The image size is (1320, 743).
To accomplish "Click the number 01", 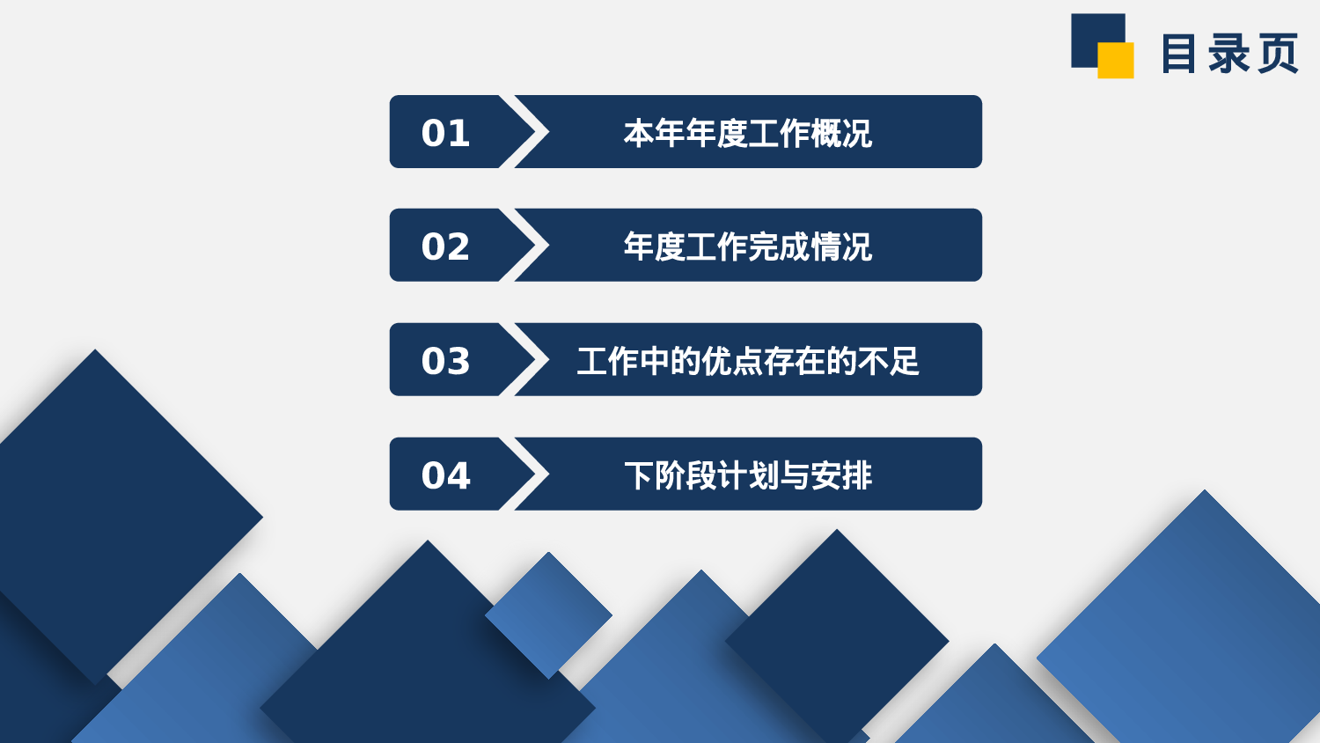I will click(x=445, y=133).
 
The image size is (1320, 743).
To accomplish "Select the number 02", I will click(x=445, y=246).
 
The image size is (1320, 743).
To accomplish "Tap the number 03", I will click(x=445, y=361).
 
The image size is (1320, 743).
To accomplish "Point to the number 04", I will click(x=445, y=475).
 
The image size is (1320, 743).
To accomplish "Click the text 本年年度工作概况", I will click(x=747, y=133).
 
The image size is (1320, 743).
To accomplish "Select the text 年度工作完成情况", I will click(x=747, y=246).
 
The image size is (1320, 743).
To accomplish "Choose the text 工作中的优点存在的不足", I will click(x=747, y=361).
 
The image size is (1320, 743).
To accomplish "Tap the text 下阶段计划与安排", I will click(x=747, y=475).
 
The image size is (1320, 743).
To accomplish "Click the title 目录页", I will click(x=1229, y=54).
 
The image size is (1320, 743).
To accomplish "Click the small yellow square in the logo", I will click(x=1116, y=61).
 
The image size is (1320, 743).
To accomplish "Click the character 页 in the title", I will click(x=1278, y=54).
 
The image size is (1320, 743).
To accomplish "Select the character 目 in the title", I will click(x=1179, y=54).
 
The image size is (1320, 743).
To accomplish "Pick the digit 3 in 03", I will click(x=458, y=361).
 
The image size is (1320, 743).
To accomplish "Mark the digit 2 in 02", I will click(x=458, y=246).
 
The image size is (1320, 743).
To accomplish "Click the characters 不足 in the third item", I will click(x=889, y=361).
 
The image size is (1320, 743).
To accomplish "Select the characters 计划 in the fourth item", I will click(x=747, y=475).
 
